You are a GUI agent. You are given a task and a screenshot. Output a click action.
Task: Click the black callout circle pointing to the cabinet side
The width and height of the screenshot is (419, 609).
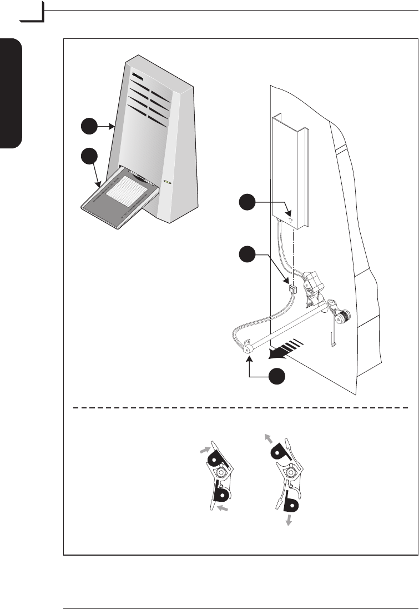(88, 127)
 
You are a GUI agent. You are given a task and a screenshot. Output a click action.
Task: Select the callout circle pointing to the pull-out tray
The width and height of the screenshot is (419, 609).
(88, 157)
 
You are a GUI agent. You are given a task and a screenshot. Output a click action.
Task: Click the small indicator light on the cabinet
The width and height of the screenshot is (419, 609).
(167, 182)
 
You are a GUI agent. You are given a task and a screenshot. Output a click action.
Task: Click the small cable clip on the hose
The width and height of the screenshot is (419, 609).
(292, 289)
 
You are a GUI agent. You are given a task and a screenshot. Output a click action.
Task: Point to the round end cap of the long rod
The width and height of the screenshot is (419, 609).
(248, 348)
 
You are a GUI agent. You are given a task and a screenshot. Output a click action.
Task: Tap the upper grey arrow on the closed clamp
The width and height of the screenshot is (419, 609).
(206, 447)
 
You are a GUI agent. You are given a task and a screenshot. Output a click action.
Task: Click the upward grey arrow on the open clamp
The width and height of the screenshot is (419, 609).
(270, 438)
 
